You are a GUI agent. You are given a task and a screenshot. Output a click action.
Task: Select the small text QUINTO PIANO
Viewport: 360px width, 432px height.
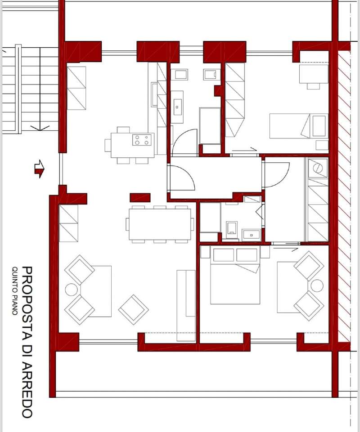tap(14, 291)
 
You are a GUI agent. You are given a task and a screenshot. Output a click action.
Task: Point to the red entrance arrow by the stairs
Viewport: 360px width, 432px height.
tap(39, 169)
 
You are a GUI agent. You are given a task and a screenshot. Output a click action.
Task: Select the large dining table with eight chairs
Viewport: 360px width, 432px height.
tap(160, 224)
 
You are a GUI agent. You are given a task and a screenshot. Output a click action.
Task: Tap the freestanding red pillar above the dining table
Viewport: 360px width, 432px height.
tap(140, 197)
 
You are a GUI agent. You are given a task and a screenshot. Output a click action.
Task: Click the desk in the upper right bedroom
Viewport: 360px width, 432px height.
tap(314, 74)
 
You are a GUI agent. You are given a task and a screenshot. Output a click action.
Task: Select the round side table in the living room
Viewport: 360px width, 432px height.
tap(72, 289)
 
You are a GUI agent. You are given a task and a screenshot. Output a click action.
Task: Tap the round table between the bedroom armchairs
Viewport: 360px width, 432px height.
tap(317, 286)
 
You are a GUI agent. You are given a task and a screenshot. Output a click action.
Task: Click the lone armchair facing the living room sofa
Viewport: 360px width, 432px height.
tap(134, 310)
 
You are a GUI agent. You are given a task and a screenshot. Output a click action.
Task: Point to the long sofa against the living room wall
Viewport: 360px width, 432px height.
tap(186, 305)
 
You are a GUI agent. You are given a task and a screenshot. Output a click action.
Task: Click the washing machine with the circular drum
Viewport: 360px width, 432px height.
tap(318, 168)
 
